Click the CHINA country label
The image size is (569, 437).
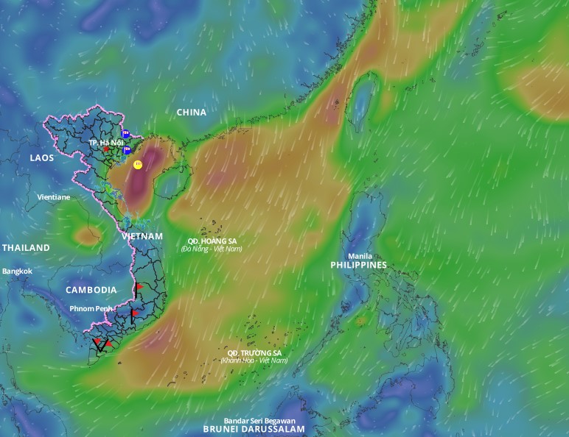191,113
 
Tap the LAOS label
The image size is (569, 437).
41,158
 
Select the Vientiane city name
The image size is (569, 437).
54,197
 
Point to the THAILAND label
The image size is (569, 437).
26,248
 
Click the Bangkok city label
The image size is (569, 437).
17,271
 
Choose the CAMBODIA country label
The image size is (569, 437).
91,290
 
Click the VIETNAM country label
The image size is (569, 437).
142,236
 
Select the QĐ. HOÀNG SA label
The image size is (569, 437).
212,241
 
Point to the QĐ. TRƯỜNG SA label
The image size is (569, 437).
254,352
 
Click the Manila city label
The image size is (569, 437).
360,256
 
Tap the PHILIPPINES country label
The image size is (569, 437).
359,265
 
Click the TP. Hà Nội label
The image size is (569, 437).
105,141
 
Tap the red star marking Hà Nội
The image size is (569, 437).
106,149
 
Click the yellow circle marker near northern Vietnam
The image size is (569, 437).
138,165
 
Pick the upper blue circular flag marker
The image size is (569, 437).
126,135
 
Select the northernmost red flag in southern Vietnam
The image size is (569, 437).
139,286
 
